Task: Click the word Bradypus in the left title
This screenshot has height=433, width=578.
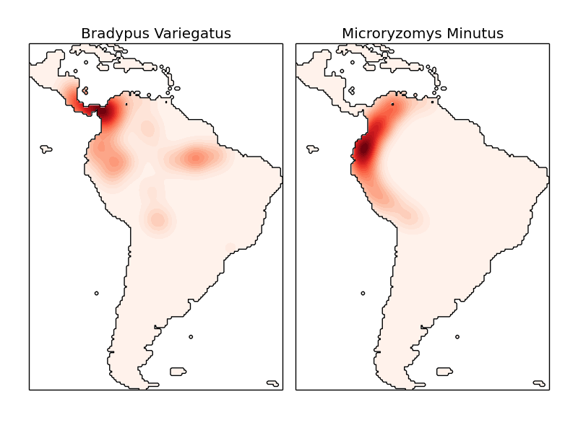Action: [111, 34]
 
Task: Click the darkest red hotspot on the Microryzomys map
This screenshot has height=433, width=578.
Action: [364, 150]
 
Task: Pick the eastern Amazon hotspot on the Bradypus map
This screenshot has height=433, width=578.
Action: [195, 158]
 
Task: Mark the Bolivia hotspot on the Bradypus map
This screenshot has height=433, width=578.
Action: [157, 218]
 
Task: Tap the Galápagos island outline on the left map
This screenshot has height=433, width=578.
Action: [46, 149]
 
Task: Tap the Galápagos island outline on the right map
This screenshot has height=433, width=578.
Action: [313, 149]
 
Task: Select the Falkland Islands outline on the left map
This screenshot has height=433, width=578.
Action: [178, 372]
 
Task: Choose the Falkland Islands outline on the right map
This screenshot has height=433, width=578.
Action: [444, 372]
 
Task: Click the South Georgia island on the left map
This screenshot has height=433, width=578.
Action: [272, 383]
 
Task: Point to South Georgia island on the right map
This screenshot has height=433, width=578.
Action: [539, 383]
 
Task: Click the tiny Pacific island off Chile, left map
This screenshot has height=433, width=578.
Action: [96, 293]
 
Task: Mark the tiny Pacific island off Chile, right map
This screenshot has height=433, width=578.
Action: [363, 293]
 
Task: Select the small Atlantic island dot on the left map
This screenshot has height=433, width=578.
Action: [191, 336]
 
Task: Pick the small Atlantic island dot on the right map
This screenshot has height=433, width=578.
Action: [457, 336]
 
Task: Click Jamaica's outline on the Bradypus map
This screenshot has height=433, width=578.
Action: [85, 91]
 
